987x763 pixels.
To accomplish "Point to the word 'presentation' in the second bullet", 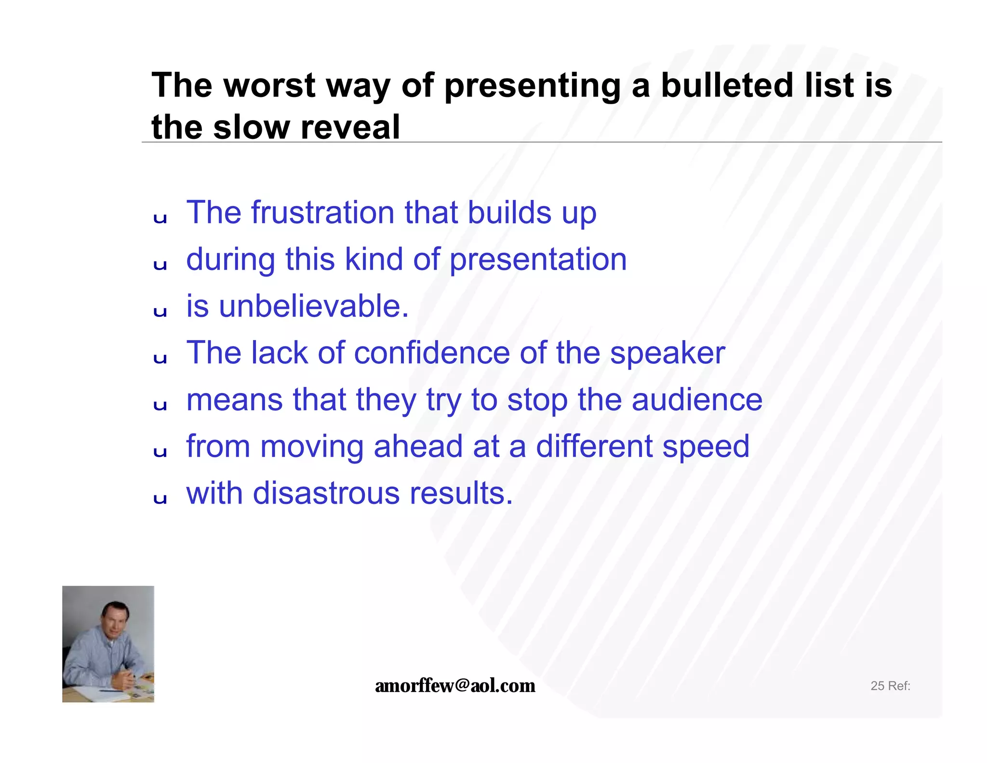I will pos(538,260).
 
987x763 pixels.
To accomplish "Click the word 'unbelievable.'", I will pos(314,306).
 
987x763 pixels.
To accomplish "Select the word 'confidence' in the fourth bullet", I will pos(432,353).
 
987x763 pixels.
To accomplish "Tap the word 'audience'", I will pos(697,400).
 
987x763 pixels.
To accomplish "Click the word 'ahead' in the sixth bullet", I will pos(418,446).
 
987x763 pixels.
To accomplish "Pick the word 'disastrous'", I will pos(326,493).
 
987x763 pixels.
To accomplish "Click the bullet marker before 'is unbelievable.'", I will pos(160,312).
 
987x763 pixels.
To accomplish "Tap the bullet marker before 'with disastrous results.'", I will pos(160,499).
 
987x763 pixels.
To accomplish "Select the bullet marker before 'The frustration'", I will pos(160,218).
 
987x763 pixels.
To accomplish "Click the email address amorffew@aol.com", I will pos(455,686).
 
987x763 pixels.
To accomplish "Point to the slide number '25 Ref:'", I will pos(890,686).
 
